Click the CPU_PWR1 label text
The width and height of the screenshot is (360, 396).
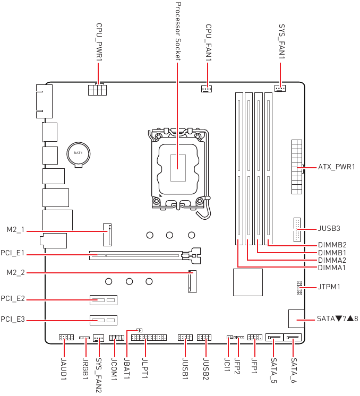(99, 42)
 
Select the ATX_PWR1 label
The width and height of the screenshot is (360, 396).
(336, 167)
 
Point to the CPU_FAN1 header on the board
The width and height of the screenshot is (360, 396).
(207, 88)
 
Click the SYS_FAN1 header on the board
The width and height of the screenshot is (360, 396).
(280, 88)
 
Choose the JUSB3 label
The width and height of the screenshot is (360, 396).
(329, 228)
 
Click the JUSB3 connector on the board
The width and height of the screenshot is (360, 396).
(296, 229)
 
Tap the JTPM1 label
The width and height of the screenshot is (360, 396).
(329, 287)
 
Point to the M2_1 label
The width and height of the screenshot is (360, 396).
(15, 230)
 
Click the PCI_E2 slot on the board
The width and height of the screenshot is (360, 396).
(103, 300)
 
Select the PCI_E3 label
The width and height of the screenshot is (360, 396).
(13, 320)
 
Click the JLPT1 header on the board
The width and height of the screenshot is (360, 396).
(148, 338)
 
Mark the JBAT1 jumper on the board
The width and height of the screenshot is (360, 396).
(139, 330)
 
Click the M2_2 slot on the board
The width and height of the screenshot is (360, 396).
(192, 282)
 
